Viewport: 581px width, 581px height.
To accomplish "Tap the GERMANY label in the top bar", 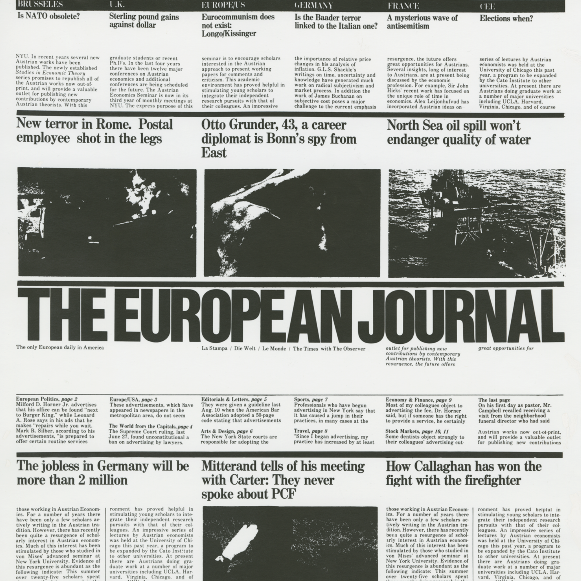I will click(x=314, y=6).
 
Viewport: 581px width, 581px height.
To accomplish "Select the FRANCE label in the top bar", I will click(x=403, y=6).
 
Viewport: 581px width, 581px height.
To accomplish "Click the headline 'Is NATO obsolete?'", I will click(x=49, y=16).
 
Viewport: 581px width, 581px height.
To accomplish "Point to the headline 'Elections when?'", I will click(x=506, y=18).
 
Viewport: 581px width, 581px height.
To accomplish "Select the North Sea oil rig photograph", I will click(x=476, y=223).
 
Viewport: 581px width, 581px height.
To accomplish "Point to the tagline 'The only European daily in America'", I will click(x=60, y=347).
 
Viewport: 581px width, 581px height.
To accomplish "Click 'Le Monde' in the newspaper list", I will click(x=274, y=349).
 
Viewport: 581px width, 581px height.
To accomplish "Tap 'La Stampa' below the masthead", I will click(x=214, y=349).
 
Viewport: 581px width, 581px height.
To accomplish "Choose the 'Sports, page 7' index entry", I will click(x=311, y=399).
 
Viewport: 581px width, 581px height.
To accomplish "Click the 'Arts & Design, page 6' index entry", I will click(x=226, y=431).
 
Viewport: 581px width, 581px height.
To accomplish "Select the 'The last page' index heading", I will click(x=494, y=400).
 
